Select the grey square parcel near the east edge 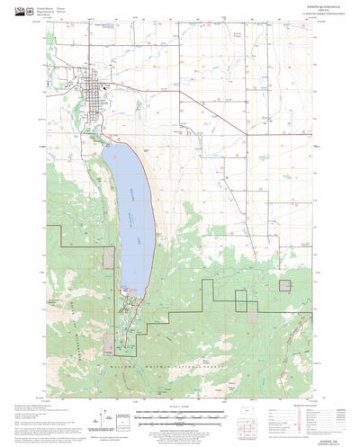285,286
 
